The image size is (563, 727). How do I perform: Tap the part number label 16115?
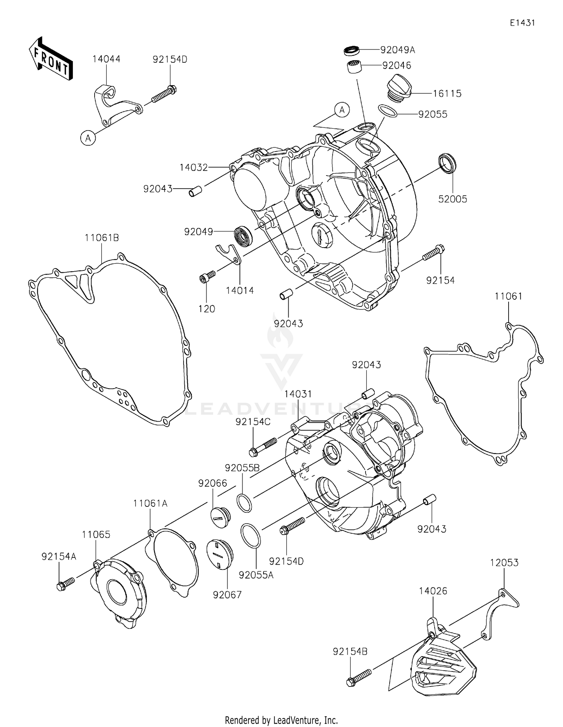point(447,93)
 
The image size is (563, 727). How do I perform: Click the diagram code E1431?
point(522,23)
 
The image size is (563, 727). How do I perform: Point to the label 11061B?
point(102,238)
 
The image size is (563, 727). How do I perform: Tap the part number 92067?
point(227,595)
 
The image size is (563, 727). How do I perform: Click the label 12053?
point(504,563)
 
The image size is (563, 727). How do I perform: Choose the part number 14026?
point(433,591)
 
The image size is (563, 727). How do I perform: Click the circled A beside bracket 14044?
point(88,138)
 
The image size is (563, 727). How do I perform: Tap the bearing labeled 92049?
point(243,236)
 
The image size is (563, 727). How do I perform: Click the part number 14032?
point(194,167)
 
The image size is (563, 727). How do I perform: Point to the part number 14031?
point(298,394)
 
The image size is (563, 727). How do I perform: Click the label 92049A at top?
point(397,50)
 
